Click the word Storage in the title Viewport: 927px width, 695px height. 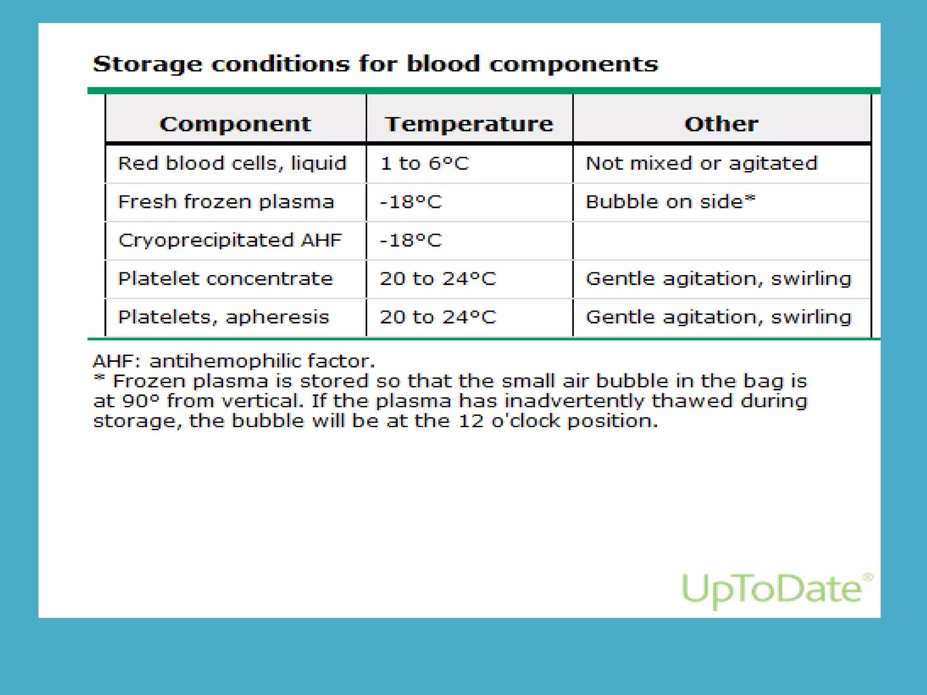pyautogui.click(x=147, y=64)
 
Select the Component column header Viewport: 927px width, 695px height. pyautogui.click(x=235, y=124)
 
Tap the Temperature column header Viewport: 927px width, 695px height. pyautogui.click(x=469, y=124)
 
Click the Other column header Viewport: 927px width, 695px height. pyautogui.click(x=721, y=124)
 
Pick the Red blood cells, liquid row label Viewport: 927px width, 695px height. pyautogui.click(x=232, y=163)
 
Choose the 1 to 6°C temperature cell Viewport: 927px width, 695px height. pyautogui.click(x=425, y=163)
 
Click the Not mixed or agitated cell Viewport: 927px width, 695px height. pyautogui.click(x=702, y=163)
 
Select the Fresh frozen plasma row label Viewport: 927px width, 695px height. pyautogui.click(x=226, y=202)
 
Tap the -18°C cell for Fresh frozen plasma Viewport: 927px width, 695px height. pyautogui.click(x=411, y=202)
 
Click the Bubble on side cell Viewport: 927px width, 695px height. pyautogui.click(x=670, y=202)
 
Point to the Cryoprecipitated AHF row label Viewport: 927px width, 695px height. pyautogui.click(x=230, y=240)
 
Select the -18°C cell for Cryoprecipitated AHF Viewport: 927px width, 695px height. pyautogui.click(x=411, y=240)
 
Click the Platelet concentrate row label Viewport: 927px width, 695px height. pyautogui.click(x=225, y=279)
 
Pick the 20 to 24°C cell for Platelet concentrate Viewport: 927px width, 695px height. pyautogui.click(x=438, y=279)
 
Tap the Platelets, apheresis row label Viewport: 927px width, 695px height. pyautogui.click(x=224, y=317)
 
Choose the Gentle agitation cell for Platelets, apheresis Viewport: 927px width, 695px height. pyautogui.click(x=718, y=317)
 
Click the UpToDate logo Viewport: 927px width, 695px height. pyautogui.click(x=776, y=589)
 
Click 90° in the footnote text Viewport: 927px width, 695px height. pyautogui.click(x=141, y=401)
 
